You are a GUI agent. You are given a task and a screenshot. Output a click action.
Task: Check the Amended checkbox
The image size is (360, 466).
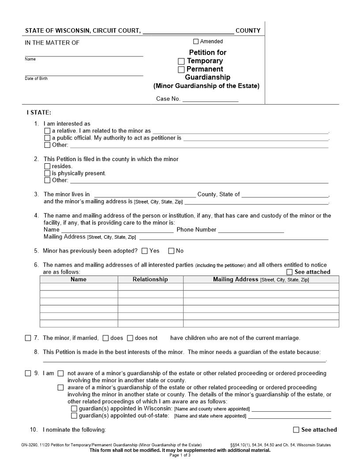(x=196, y=41)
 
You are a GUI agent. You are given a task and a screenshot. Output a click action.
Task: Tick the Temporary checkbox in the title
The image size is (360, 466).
(x=181, y=61)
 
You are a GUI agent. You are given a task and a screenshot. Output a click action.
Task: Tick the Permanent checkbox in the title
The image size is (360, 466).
(x=181, y=70)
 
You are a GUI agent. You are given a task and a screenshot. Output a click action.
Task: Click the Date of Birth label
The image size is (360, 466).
(x=36, y=79)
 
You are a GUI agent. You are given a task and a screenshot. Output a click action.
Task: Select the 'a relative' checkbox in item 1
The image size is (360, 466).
(x=47, y=131)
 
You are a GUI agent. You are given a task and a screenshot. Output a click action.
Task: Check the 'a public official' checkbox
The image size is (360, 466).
(x=47, y=138)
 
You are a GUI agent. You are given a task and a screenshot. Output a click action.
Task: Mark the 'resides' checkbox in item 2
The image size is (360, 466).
(x=47, y=166)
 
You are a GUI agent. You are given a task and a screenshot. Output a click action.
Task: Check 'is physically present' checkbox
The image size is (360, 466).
(x=47, y=173)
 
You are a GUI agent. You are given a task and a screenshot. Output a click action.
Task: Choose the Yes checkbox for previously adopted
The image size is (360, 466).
(x=145, y=251)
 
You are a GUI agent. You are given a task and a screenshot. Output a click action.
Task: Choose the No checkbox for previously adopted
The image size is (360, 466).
(x=171, y=251)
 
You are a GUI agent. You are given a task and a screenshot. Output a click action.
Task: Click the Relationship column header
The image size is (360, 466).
(x=150, y=279)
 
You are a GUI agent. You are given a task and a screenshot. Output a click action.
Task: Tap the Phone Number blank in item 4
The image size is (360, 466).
(x=251, y=230)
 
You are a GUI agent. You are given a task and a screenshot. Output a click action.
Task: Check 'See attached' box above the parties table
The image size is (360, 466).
(x=289, y=272)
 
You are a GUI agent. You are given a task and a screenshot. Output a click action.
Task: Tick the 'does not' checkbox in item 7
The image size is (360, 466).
(x=130, y=338)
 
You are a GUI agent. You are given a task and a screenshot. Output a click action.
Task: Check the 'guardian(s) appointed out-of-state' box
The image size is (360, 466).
(x=74, y=416)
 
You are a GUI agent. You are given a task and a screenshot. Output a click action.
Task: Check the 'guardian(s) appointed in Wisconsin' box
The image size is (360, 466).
(x=74, y=409)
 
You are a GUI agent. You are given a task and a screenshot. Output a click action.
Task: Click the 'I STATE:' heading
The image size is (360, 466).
(x=41, y=113)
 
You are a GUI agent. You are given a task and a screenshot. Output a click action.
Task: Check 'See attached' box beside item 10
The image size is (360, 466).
(x=296, y=430)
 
